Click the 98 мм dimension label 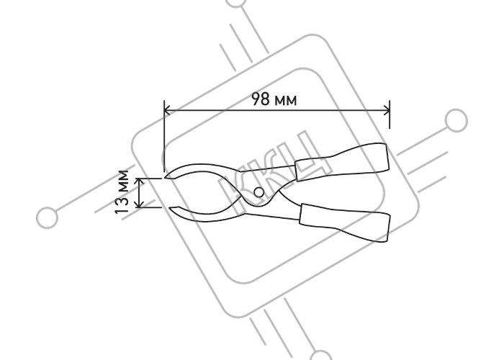[x=274, y=99]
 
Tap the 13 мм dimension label [x=122, y=192]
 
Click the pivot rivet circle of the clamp [x=258, y=192]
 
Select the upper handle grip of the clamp [x=342, y=162]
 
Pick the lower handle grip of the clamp [x=345, y=222]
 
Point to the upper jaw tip [x=165, y=177]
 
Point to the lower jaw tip [x=170, y=208]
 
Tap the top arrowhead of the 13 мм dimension [x=140, y=181]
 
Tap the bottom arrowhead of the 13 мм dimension [x=140, y=204]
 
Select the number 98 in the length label [x=261, y=99]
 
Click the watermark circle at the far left [x=48, y=217]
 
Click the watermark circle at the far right [x=456, y=120]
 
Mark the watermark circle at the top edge [x=236, y=3]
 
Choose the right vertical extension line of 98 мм [x=390, y=114]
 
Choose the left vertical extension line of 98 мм [x=164, y=136]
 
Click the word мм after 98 [x=286, y=101]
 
